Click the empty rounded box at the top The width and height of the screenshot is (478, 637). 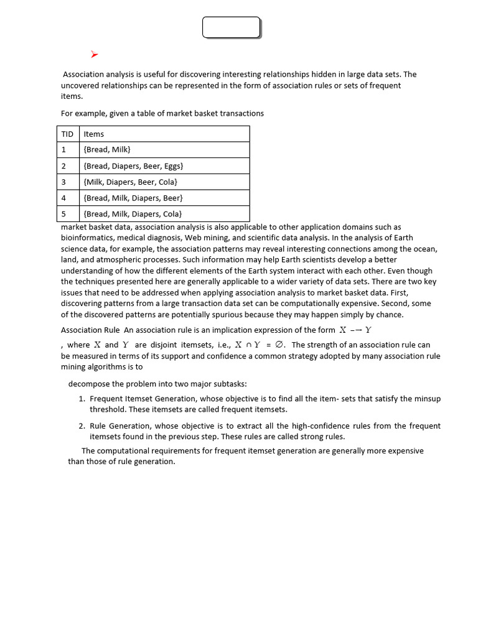click(231, 27)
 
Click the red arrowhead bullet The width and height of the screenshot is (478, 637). click(94, 55)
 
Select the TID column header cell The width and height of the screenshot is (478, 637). click(67, 134)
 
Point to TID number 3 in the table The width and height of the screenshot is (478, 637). click(64, 182)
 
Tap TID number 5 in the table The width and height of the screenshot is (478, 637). click(64, 214)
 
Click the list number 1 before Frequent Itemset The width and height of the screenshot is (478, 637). click(82, 399)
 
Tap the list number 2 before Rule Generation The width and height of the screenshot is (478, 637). click(82, 426)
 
